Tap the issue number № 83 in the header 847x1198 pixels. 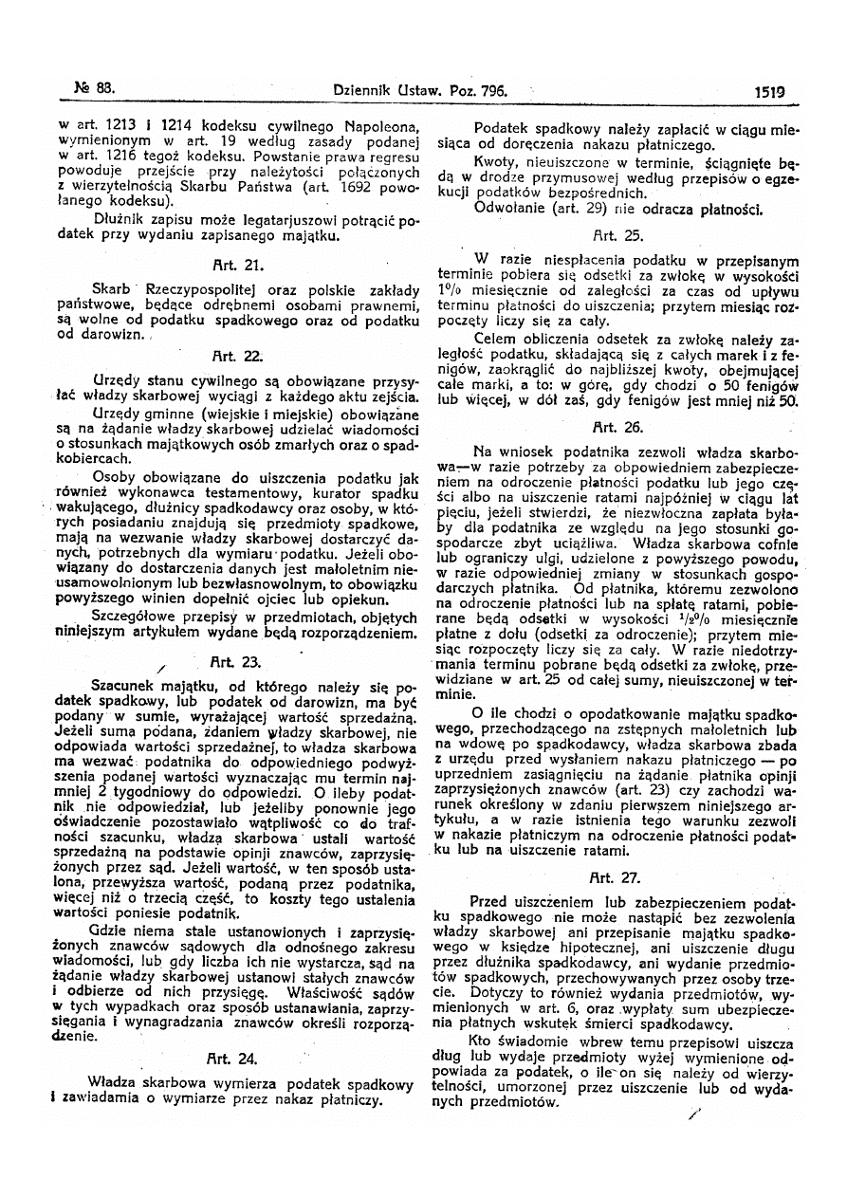click(x=94, y=90)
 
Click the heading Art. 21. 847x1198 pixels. click(x=231, y=267)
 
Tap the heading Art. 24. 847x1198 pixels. click(x=231, y=1059)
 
